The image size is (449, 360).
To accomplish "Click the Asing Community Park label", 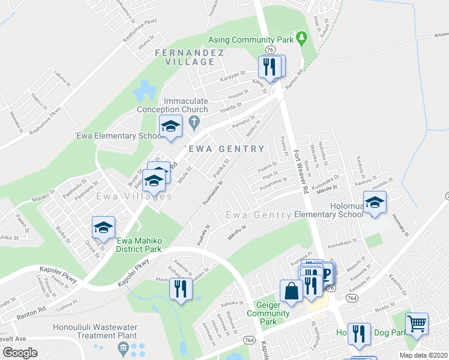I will point(252,40).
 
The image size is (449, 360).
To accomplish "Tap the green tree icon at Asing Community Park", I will point(302,40).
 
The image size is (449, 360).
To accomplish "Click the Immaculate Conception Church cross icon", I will point(193,123).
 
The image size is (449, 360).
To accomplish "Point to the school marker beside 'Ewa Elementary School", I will point(170,127).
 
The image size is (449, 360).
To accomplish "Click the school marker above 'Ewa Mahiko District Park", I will point(103,227).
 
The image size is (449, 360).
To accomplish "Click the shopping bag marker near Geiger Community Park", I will point(291,292).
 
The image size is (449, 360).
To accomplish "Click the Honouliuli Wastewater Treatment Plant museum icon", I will point(123,347).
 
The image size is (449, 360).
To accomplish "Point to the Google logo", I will point(20,353).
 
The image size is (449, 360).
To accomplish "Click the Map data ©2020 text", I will point(424,355).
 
